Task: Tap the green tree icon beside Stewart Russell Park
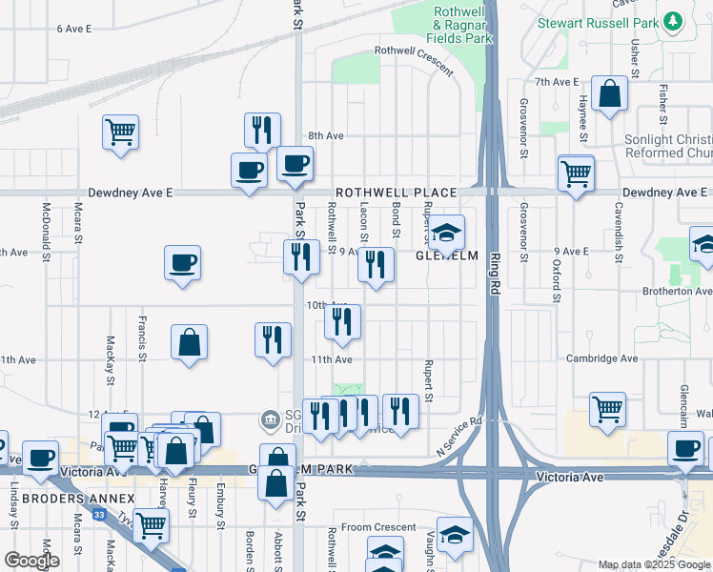tap(674, 20)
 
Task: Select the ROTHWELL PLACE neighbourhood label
tap(394, 193)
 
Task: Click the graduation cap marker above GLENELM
tap(445, 232)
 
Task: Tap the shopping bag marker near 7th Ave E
tap(609, 94)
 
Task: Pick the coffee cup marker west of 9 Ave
tap(182, 263)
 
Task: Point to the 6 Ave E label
tap(74, 29)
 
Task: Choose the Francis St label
tap(142, 338)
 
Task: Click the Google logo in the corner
tap(31, 561)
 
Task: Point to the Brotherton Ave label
tap(678, 291)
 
